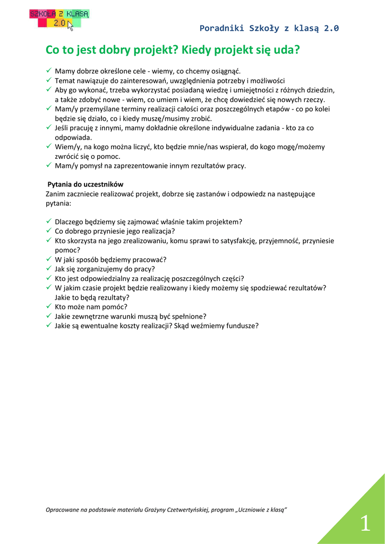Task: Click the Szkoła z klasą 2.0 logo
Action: tap(59, 19)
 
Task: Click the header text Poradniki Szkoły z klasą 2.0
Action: tap(269, 29)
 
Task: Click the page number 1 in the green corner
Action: tap(365, 524)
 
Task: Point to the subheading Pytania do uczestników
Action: tap(85, 184)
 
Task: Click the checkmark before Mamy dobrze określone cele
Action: tap(49, 71)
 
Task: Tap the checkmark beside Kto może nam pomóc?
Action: tap(49, 307)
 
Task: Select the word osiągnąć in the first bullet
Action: tap(225, 71)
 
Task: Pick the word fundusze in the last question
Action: tap(242, 326)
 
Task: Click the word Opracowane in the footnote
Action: tap(63, 510)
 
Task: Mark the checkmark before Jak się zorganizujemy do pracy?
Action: tap(49, 269)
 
